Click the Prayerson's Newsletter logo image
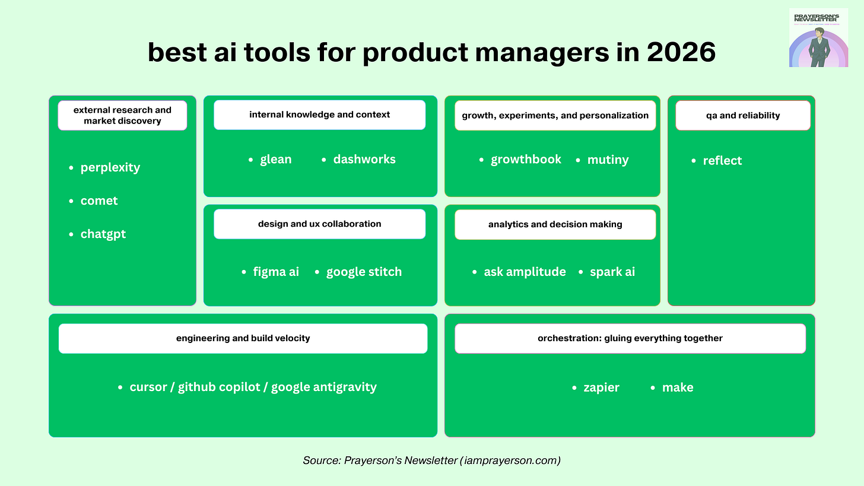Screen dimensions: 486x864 818,38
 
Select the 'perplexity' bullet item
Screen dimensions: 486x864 110,167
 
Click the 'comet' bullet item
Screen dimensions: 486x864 99,201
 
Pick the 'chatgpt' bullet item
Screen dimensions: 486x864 103,234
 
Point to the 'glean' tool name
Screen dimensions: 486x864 276,159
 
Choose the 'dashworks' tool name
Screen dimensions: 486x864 364,159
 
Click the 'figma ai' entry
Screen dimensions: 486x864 276,272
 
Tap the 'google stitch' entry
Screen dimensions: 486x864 364,272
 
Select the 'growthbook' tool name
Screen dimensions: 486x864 526,159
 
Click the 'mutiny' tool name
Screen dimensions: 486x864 608,160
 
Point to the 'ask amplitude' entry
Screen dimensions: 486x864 525,272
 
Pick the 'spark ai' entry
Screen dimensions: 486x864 612,272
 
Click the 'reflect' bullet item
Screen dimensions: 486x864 722,160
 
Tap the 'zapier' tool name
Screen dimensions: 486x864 601,387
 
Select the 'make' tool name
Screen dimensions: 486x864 678,387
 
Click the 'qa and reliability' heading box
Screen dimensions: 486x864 742,115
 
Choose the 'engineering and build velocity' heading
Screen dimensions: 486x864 243,338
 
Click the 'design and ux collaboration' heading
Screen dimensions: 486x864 319,224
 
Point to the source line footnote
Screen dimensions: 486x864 431,460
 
